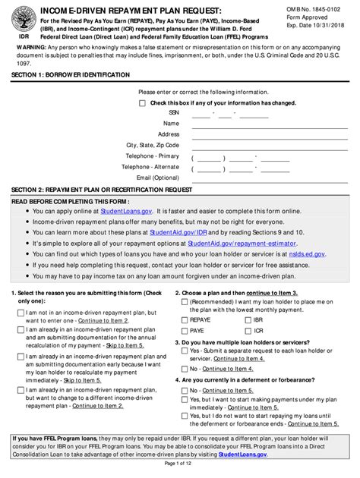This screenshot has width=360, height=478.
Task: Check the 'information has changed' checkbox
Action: [x=144, y=102]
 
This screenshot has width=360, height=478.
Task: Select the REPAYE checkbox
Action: [x=185, y=321]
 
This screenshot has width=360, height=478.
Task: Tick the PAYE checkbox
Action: [x=185, y=332]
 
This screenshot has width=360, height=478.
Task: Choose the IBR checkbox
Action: [x=237, y=321]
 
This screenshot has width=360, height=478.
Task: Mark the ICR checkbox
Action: [x=237, y=332]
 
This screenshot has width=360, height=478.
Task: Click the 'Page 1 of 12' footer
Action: [x=179, y=464]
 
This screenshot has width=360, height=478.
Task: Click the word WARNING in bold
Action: [x=34, y=54]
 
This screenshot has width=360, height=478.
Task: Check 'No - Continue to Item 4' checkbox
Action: [x=185, y=369]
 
